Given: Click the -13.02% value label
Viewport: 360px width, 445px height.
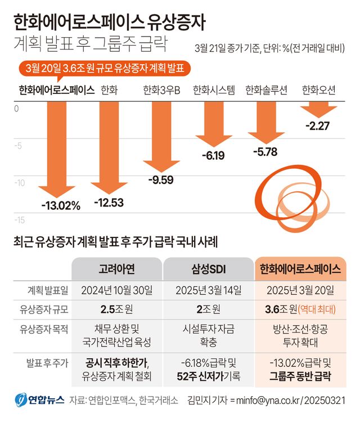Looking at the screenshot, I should pos(61,205).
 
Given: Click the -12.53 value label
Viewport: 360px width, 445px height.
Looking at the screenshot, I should pos(109,203).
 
